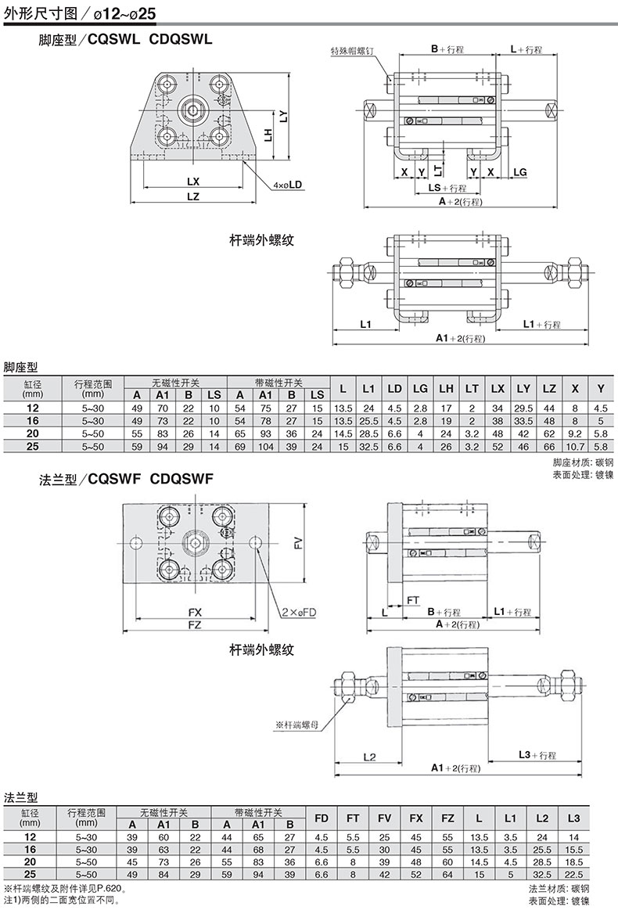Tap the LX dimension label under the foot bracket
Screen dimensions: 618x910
(192, 182)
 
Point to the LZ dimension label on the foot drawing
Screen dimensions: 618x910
(192, 196)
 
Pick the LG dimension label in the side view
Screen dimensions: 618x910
(520, 172)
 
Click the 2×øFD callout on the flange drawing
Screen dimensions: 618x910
(300, 612)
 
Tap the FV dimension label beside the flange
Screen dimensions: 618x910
(298, 543)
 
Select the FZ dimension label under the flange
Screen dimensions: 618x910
(194, 624)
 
